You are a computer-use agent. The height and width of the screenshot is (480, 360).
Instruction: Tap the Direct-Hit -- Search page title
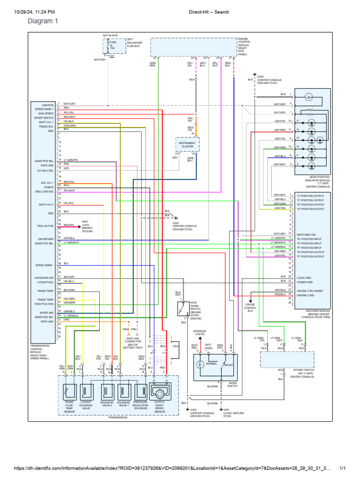(x=209, y=12)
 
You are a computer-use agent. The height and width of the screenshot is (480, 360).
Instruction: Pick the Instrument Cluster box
(x=187, y=144)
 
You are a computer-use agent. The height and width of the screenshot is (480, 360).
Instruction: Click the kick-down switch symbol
(x=183, y=309)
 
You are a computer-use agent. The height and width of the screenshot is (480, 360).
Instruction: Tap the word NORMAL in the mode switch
(x=211, y=364)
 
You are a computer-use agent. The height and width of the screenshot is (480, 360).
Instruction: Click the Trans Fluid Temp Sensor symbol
(x=69, y=391)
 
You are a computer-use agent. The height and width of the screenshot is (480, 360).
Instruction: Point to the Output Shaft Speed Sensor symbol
(x=158, y=391)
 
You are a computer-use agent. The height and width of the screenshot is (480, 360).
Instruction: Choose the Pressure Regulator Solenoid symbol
(x=141, y=391)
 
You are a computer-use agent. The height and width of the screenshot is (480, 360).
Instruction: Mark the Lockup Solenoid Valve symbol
(x=86, y=391)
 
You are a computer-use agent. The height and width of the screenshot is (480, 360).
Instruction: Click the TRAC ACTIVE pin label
(x=45, y=226)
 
